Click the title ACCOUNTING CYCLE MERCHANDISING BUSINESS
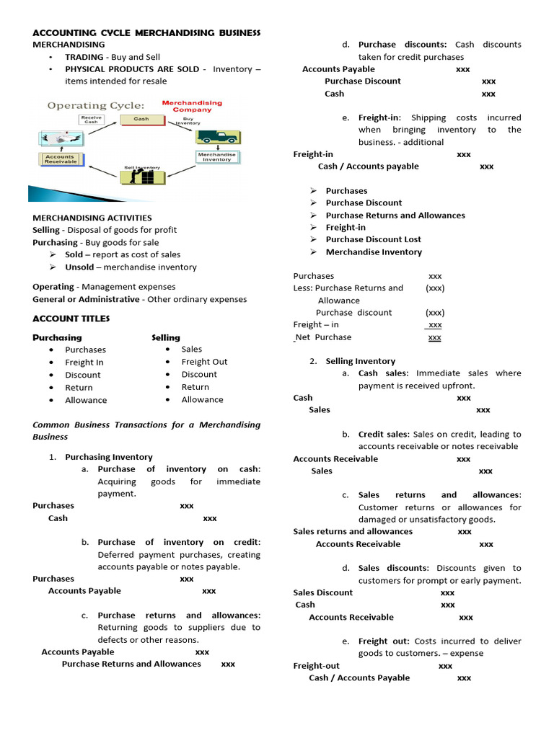click(x=146, y=33)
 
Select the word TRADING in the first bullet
click(x=84, y=57)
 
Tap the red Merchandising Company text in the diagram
click(x=192, y=107)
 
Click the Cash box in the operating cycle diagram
click(x=141, y=119)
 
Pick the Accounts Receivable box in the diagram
click(x=60, y=159)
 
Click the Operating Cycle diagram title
click(x=96, y=105)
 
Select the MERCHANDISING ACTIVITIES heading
click(x=92, y=218)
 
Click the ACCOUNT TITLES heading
click(x=71, y=319)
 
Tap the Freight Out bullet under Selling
click(x=204, y=362)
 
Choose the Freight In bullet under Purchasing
click(x=84, y=363)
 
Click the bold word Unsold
click(x=79, y=267)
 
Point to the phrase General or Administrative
click(x=86, y=299)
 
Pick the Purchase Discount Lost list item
click(x=373, y=239)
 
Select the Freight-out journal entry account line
click(x=316, y=666)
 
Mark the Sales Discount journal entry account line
click(x=323, y=592)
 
